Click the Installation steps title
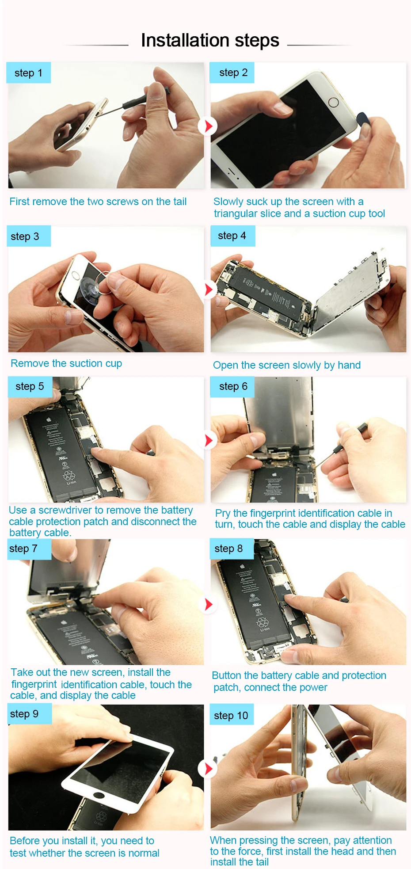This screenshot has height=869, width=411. (210, 40)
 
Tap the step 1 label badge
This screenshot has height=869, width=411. (29, 73)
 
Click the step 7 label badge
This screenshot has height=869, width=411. (29, 549)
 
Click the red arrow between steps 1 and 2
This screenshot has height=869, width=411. (208, 126)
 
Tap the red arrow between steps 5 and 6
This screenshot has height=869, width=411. (209, 440)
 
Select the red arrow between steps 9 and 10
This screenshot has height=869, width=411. (209, 769)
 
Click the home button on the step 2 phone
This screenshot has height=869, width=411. (334, 103)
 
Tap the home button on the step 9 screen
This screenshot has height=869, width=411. (99, 796)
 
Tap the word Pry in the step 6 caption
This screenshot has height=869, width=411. (223, 514)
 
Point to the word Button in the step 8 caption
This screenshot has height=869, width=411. (226, 675)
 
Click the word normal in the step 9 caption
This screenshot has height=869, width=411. (144, 853)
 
